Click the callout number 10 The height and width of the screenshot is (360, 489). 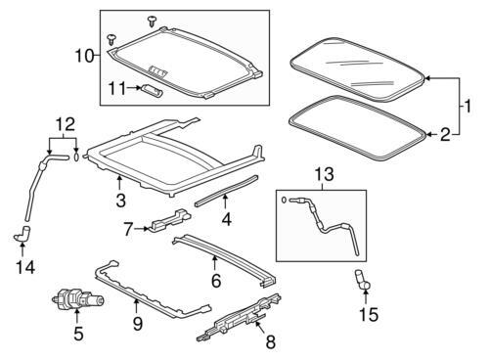(x=84, y=56)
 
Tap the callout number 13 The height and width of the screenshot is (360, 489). (x=325, y=174)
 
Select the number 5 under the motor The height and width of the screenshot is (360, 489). (x=78, y=334)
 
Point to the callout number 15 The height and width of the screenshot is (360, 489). (x=369, y=315)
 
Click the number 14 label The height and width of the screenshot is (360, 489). (x=25, y=268)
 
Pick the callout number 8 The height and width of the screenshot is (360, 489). (x=271, y=342)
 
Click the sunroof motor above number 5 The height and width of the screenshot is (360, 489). (x=78, y=299)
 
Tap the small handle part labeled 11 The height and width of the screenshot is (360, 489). (x=152, y=90)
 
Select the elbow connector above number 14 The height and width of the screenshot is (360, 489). (x=22, y=234)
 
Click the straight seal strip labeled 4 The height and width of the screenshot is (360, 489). (x=226, y=191)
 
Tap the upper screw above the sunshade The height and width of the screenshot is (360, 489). (x=152, y=22)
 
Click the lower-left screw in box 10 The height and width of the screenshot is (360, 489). (x=112, y=39)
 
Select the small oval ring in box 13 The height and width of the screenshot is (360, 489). (x=285, y=200)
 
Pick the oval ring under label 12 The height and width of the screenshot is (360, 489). (x=76, y=157)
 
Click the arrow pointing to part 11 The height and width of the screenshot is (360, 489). (x=133, y=88)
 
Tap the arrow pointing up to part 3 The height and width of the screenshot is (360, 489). (x=119, y=182)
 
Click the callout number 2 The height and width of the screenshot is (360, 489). (x=445, y=135)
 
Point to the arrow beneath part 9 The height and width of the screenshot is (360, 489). (x=137, y=306)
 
